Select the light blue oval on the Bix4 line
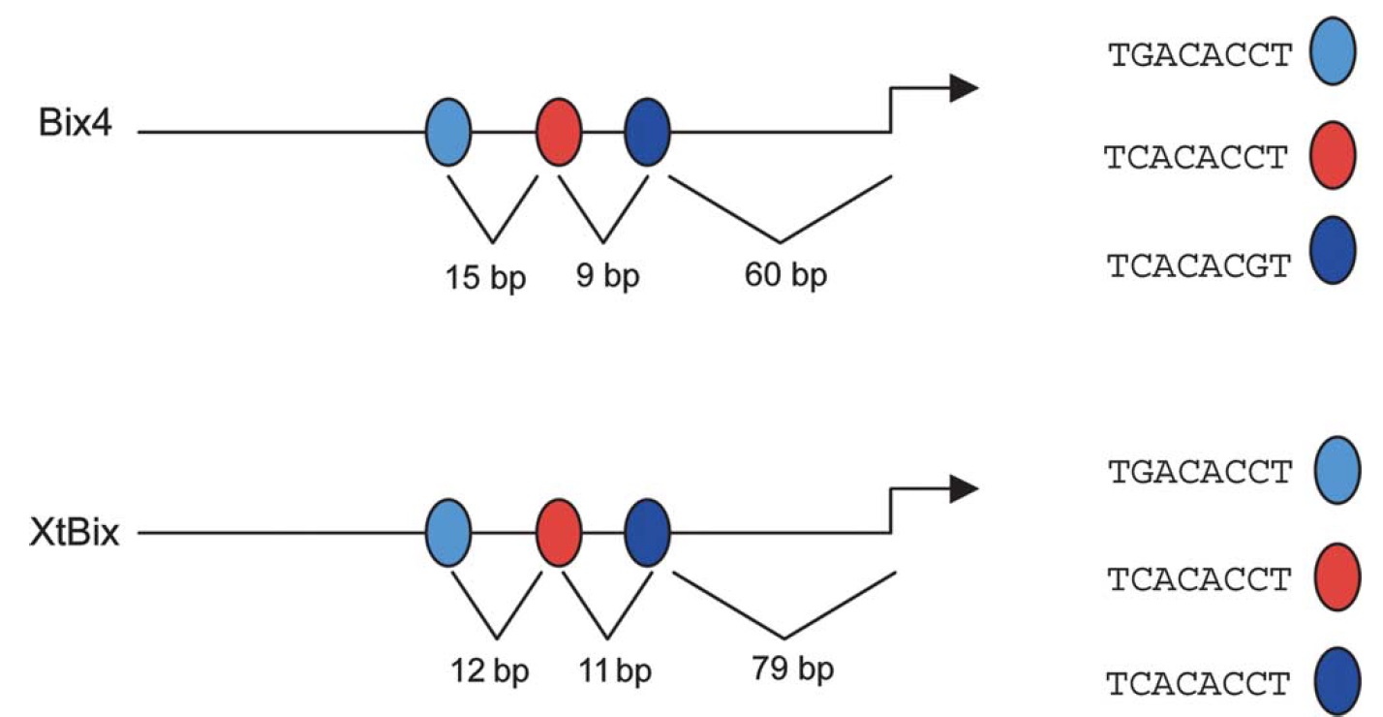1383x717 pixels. click(448, 131)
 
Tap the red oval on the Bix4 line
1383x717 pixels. click(560, 131)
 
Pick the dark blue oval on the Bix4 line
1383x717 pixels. click(647, 131)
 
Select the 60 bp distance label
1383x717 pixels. click(786, 276)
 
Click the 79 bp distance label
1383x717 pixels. click(791, 670)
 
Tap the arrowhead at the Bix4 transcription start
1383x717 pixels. click(963, 88)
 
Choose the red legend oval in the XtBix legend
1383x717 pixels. click(1337, 580)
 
